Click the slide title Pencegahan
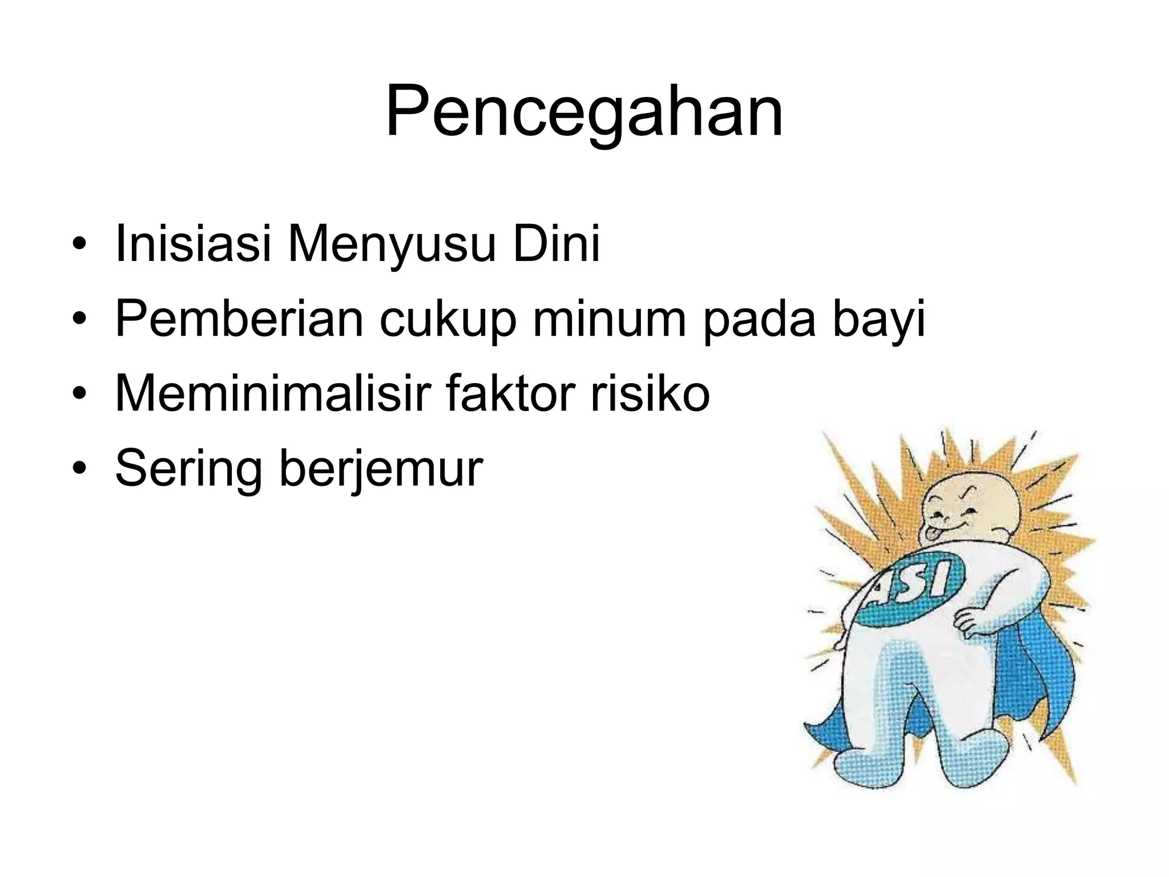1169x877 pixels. [x=584, y=112]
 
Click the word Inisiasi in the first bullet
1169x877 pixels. [x=192, y=244]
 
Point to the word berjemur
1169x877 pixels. [x=381, y=470]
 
